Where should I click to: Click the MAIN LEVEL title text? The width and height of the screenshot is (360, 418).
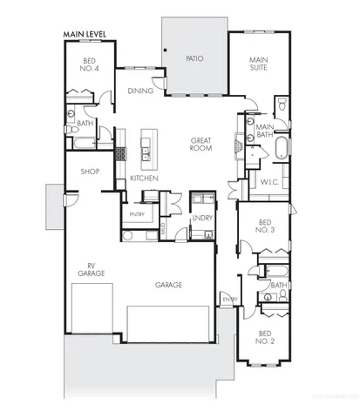(x=85, y=34)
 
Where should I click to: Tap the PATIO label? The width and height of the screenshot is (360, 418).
(x=194, y=59)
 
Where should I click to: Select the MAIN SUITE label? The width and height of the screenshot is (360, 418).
(x=259, y=62)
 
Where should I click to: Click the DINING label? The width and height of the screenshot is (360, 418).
(x=140, y=91)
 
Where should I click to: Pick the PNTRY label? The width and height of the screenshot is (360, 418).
(x=138, y=213)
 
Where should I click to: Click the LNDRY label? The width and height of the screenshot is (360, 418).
(x=201, y=218)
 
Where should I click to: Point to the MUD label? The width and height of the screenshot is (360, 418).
(x=163, y=228)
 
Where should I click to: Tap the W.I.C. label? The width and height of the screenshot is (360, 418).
(x=268, y=182)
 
